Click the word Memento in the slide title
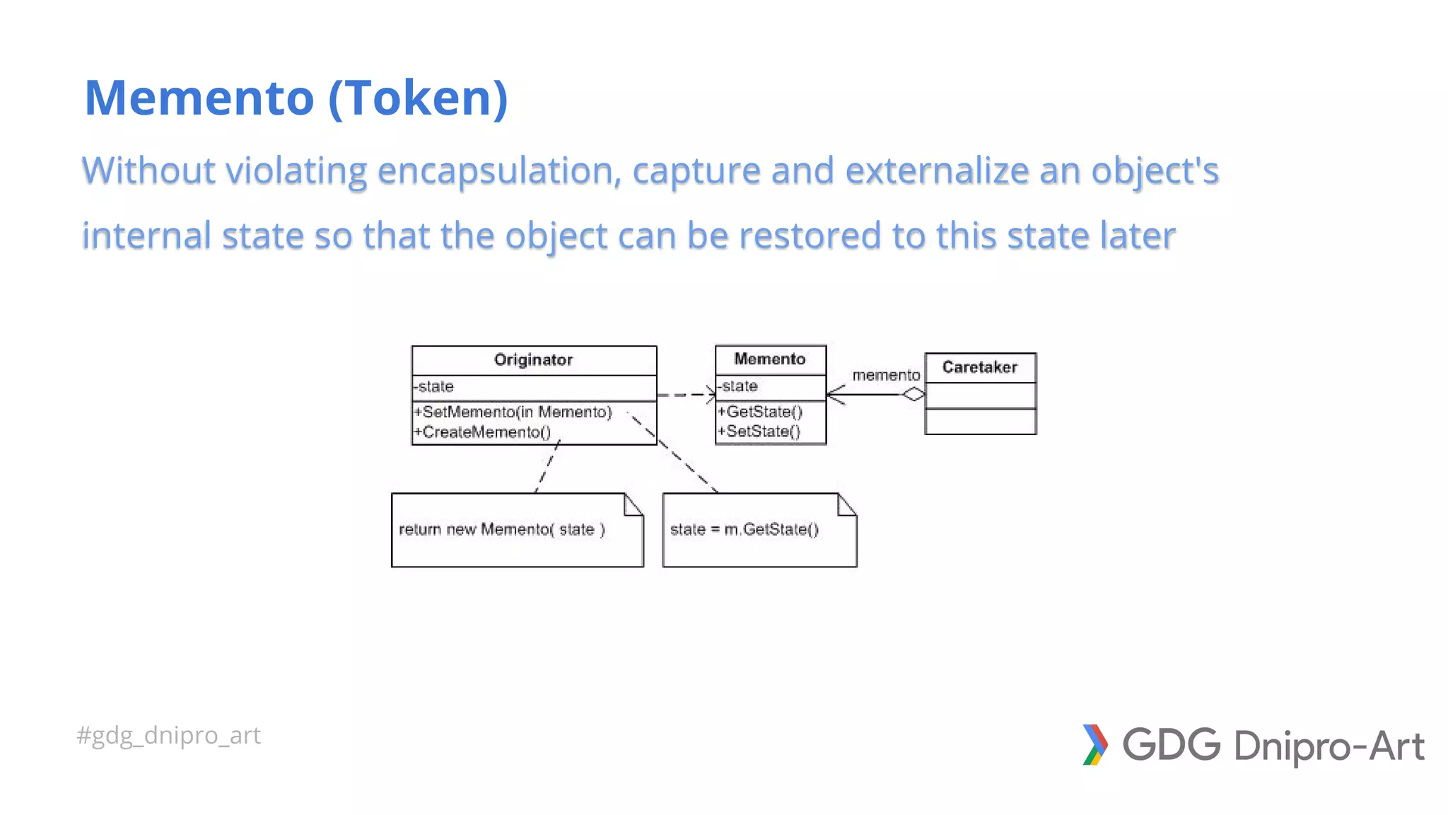click(199, 98)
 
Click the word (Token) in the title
click(418, 98)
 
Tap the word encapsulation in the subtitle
click(498, 170)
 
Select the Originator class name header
click(533, 360)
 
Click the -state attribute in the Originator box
click(433, 387)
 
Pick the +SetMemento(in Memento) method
click(513, 412)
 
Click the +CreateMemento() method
click(481, 432)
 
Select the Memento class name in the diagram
click(770, 359)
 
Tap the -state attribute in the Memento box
click(737, 386)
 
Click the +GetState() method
click(759, 412)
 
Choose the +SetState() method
click(758, 432)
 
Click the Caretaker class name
click(979, 367)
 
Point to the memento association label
click(886, 376)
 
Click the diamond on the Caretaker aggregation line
click(913, 395)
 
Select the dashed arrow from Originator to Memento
click(684, 395)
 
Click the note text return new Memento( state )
click(501, 530)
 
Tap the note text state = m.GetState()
click(744, 530)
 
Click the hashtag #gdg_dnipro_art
click(168, 736)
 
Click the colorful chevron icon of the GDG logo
click(1094, 745)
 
